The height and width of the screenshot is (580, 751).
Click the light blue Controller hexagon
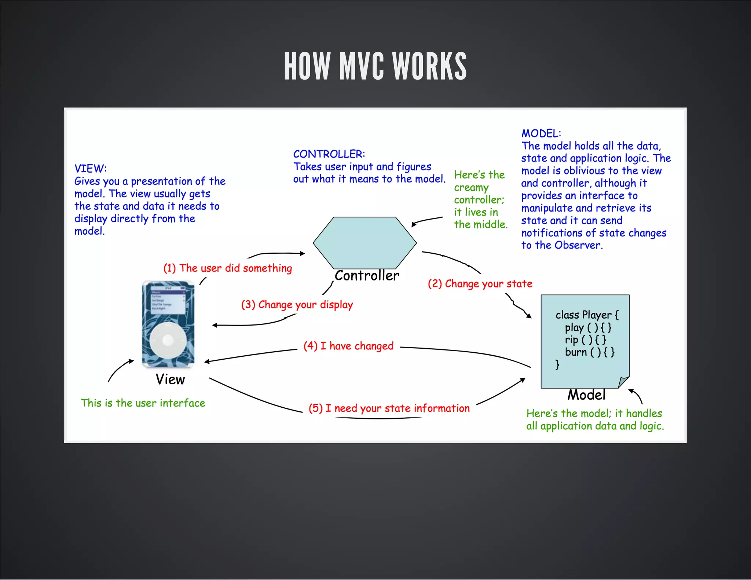pos(364,243)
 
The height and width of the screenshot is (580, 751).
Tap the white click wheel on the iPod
pos(168,340)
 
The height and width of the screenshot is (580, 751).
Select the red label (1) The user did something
pos(228,268)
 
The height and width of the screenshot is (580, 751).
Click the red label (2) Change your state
pos(480,283)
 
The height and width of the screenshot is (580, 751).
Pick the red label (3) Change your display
pos(297,305)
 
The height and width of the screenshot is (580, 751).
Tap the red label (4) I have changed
pos(348,346)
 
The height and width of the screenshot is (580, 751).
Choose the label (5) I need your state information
pos(389,408)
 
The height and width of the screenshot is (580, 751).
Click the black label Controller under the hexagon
pos(367,276)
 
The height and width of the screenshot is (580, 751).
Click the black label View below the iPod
pos(170,379)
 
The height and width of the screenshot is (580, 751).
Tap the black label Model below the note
pos(586,395)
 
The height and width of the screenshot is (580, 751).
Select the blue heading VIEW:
pos(91,168)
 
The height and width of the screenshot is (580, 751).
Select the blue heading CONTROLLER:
pos(329,154)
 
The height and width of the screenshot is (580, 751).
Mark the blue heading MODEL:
pos(541,133)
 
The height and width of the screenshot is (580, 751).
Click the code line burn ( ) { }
pos(589,352)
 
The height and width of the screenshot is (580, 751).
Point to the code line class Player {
pos(587,315)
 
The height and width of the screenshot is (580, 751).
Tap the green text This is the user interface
pos(143,403)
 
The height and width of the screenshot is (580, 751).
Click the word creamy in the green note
pos(471,188)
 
